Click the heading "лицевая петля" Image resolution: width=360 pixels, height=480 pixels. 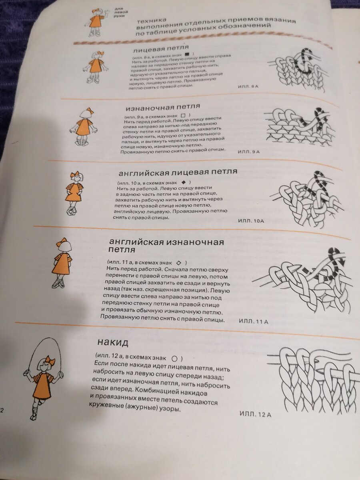[x=161, y=49]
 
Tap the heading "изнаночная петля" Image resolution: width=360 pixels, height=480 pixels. [x=163, y=107]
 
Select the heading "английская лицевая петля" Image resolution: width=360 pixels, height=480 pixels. [x=178, y=172]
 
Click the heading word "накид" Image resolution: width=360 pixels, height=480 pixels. [x=113, y=342]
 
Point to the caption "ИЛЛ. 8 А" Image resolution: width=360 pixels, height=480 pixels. [x=248, y=86]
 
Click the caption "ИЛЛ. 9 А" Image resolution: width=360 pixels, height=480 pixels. [x=248, y=152]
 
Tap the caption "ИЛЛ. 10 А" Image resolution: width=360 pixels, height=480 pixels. [x=251, y=221]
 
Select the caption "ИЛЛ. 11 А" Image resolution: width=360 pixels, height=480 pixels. [x=254, y=322]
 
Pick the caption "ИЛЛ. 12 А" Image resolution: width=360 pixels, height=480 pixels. [x=256, y=414]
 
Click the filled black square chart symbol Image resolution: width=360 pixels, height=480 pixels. [x=187, y=54]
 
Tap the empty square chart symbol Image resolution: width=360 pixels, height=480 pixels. [x=183, y=116]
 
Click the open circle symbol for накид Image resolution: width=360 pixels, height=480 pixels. [x=174, y=359]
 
